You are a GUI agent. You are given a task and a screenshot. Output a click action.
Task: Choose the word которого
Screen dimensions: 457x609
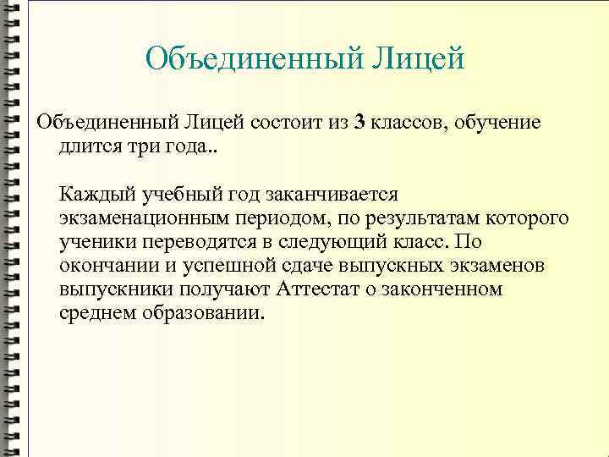point(528,218)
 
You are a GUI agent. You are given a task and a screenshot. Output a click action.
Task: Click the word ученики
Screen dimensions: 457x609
point(92,242)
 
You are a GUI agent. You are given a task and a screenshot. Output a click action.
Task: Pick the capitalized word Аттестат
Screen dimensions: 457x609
point(315,289)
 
